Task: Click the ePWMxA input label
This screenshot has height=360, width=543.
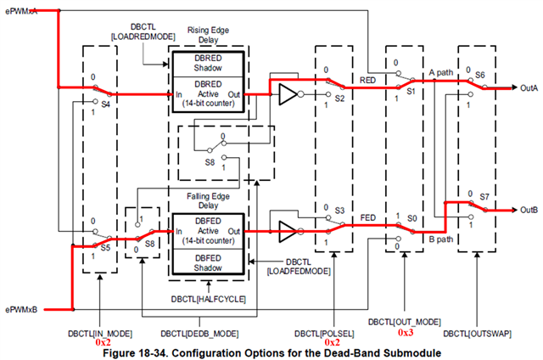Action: pyautogui.click(x=20, y=11)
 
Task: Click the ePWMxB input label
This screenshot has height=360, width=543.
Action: pyautogui.click(x=21, y=309)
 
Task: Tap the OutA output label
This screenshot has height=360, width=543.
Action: pyautogui.click(x=529, y=88)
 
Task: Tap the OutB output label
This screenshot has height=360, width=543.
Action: pyautogui.click(x=529, y=210)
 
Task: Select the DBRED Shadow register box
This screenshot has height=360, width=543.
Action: pyautogui.click(x=208, y=64)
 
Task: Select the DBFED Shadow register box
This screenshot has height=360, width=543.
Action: pyautogui.click(x=208, y=262)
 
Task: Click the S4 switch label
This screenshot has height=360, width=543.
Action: pyautogui.click(x=105, y=104)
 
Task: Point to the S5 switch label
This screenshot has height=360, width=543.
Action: pyautogui.click(x=105, y=248)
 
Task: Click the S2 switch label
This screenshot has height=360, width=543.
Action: pyautogui.click(x=339, y=98)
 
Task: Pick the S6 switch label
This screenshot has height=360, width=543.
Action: pyautogui.click(x=480, y=75)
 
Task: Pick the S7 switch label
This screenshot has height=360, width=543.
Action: pyautogui.click(x=484, y=197)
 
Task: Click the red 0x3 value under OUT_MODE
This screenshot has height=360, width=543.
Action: pyautogui.click(x=406, y=333)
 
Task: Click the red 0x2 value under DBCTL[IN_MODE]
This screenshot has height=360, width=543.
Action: pyautogui.click(x=104, y=342)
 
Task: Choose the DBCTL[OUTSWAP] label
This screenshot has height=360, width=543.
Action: pyautogui.click(x=477, y=334)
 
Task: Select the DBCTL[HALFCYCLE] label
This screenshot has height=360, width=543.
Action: pyautogui.click(x=209, y=299)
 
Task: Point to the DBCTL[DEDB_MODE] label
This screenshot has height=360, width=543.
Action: pyautogui.click(x=199, y=334)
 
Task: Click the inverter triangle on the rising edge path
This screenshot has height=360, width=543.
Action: pyautogui.click(x=288, y=94)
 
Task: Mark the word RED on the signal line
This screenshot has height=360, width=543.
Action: pyautogui.click(x=367, y=81)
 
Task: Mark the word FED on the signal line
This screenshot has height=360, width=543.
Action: pyautogui.click(x=367, y=217)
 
